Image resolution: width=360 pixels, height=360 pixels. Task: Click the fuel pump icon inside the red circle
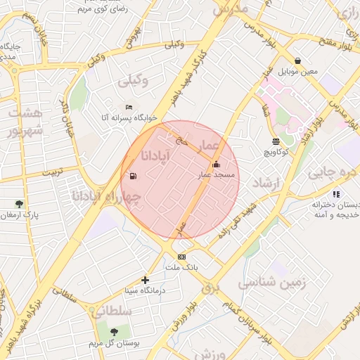coord(131,176)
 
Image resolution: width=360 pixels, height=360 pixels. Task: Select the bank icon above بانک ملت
coord(182,257)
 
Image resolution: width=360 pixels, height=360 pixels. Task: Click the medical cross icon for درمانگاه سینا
coord(146,280)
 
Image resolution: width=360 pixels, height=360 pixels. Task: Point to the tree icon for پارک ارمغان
coord(19,204)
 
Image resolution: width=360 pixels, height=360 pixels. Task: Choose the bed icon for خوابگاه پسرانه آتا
coord(128,106)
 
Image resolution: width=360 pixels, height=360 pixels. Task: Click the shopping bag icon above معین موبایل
coord(299,60)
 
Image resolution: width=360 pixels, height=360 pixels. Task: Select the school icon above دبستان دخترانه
coord(336,193)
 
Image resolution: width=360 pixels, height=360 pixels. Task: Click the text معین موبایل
coord(300,72)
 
